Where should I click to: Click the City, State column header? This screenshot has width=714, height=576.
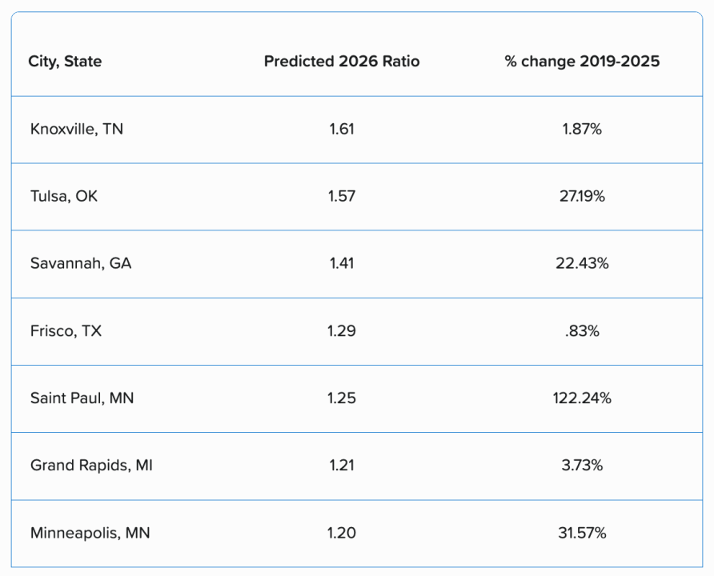(65, 62)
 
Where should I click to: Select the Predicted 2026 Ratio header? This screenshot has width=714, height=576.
(342, 62)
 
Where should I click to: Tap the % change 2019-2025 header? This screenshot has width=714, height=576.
(582, 62)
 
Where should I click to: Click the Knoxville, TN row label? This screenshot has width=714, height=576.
(77, 129)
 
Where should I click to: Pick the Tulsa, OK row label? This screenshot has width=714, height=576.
(64, 196)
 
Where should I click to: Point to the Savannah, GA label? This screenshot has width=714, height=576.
(81, 263)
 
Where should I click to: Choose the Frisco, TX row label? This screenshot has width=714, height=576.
(66, 330)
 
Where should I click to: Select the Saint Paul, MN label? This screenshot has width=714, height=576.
(82, 398)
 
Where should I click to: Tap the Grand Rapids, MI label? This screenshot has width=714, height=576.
(91, 465)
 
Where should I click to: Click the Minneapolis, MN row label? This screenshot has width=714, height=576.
(90, 532)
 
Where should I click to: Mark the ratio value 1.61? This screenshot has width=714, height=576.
(342, 129)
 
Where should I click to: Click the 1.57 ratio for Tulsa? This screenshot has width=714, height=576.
(342, 196)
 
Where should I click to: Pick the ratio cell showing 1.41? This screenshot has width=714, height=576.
(342, 263)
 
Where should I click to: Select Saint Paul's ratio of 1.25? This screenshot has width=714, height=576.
(342, 398)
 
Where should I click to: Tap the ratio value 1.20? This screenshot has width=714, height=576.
(342, 532)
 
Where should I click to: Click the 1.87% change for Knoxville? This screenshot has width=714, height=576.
(582, 129)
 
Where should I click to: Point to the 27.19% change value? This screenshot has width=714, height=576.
(582, 196)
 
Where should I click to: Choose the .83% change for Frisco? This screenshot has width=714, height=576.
(582, 330)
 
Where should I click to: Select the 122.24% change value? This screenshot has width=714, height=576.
(582, 398)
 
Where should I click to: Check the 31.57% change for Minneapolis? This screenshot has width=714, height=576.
(582, 532)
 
